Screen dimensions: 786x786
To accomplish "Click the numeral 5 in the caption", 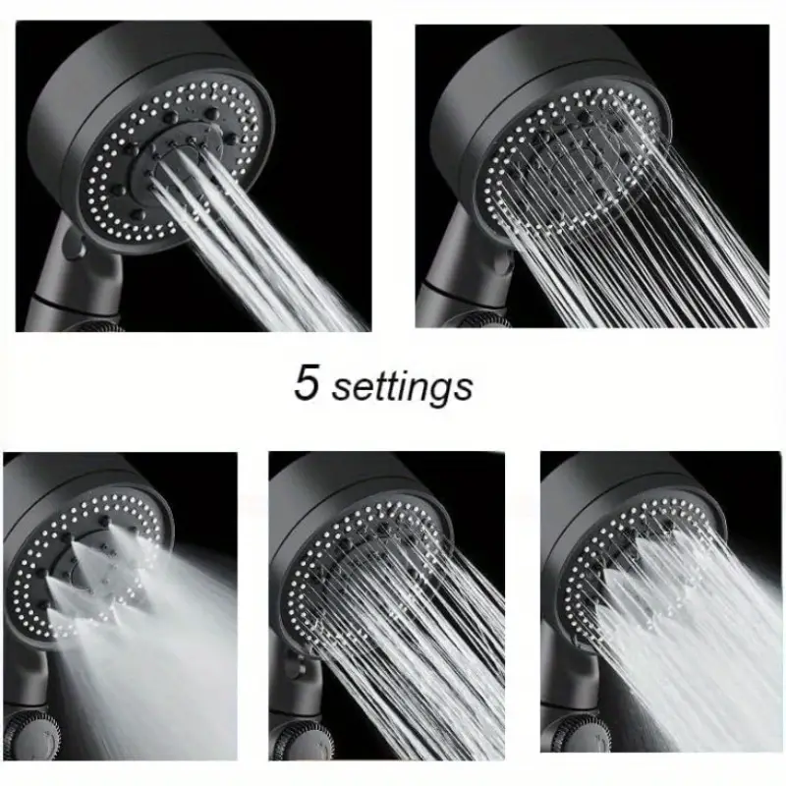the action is point(306,382).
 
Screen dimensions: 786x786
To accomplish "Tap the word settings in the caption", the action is point(403,387).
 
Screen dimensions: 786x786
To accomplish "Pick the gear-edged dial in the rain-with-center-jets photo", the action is point(301,741).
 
